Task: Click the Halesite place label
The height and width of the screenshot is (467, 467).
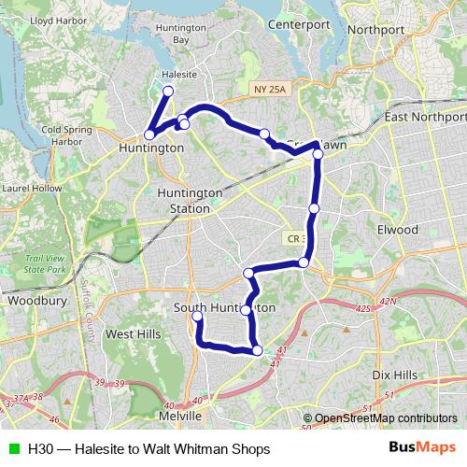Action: pyautogui.click(x=177, y=75)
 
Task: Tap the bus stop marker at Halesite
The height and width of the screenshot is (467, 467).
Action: pyautogui.click(x=168, y=91)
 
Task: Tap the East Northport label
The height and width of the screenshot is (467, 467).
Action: pyautogui.click(x=426, y=118)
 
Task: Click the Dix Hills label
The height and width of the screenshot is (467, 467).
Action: pyautogui.click(x=393, y=374)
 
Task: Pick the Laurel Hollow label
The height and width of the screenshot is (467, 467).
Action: pyautogui.click(x=25, y=187)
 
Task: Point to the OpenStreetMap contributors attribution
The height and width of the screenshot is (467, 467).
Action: pyautogui.click(x=385, y=417)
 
